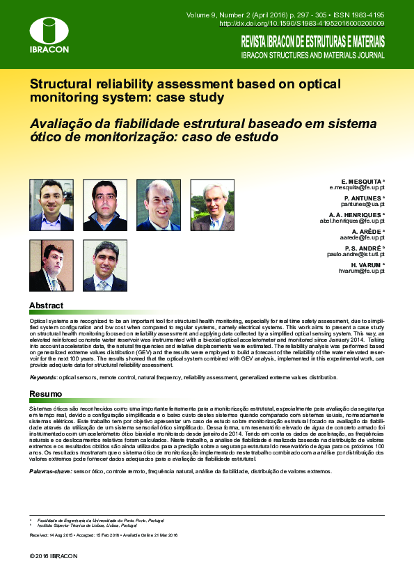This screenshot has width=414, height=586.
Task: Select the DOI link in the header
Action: coord(302,23)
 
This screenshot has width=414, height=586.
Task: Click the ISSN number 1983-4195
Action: coord(365,13)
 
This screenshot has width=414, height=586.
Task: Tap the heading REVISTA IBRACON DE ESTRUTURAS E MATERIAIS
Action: coord(312,41)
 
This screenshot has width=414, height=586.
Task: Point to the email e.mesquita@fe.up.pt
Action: coord(356,188)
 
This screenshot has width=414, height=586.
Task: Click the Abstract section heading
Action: coord(46,306)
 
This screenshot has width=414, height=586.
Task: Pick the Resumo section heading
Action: coord(45,394)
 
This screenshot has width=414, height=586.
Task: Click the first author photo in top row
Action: coord(51,205)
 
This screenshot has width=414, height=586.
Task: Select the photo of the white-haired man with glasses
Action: coord(212,205)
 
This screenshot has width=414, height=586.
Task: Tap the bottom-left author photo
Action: coord(51,266)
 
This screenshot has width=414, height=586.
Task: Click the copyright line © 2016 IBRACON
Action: coord(54,556)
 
